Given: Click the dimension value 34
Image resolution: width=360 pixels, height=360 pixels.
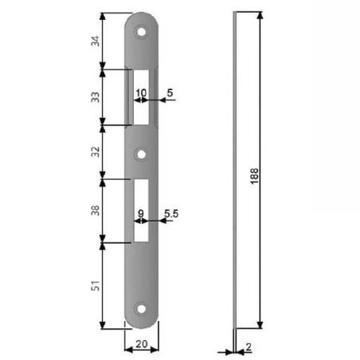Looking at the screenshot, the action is click(x=96, y=41).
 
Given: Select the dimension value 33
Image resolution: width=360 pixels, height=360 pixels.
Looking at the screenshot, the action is click(x=96, y=97).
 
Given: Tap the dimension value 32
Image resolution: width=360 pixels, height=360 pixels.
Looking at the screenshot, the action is click(x=96, y=151).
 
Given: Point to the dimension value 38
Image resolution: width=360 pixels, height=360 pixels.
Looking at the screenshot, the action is click(x=96, y=210).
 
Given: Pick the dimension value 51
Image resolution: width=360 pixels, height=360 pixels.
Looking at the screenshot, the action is click(x=96, y=285).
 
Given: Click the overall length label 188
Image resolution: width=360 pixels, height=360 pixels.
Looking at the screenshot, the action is click(x=254, y=176).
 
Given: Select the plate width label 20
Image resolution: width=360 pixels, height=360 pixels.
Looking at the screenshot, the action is click(x=142, y=344).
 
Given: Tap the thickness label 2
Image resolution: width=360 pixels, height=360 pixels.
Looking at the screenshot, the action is click(x=248, y=346).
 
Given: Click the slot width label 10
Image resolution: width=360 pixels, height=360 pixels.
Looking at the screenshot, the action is click(x=141, y=93).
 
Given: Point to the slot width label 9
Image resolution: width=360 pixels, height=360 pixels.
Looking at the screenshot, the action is click(x=141, y=213).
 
